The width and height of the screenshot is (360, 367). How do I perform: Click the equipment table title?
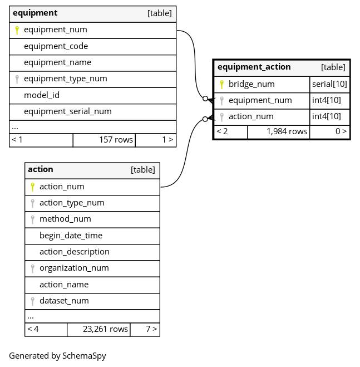35,13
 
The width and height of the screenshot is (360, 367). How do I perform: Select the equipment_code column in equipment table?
56,46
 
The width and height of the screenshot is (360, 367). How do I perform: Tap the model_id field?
42,95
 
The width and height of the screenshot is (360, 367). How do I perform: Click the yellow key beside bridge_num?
222,84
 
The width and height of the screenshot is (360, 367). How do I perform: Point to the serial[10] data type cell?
329,84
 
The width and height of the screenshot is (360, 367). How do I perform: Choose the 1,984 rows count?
287,131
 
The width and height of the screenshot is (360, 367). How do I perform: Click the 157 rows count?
116,140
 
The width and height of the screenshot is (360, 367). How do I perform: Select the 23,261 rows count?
105,329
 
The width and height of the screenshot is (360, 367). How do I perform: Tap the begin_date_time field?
71,236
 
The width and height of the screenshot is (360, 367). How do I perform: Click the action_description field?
75,252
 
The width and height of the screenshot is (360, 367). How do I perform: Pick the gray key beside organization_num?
33,268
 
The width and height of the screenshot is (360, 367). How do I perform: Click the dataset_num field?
64,301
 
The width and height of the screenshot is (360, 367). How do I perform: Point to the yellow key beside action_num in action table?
33,187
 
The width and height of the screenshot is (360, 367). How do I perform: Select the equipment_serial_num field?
67,111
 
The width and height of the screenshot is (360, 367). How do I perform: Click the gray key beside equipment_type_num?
17,79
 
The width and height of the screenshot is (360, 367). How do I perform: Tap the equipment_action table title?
254,67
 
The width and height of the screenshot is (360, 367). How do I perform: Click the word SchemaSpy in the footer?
84,356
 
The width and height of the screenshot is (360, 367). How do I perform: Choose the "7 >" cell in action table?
151,329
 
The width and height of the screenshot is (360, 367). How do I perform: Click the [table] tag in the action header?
142,170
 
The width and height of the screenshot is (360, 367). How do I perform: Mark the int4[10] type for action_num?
326,116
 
